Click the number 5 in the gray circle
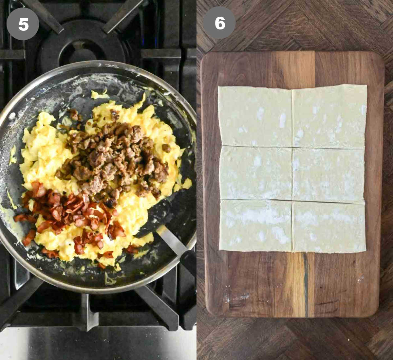(x=23, y=24)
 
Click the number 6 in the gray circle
(x=219, y=23)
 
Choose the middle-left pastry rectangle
(x=256, y=173)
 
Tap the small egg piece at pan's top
(x=98, y=95)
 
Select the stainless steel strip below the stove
(x=98, y=344)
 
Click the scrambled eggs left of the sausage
(x=43, y=154)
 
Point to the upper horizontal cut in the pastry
(x=291, y=147)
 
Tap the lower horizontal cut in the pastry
(x=291, y=201)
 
